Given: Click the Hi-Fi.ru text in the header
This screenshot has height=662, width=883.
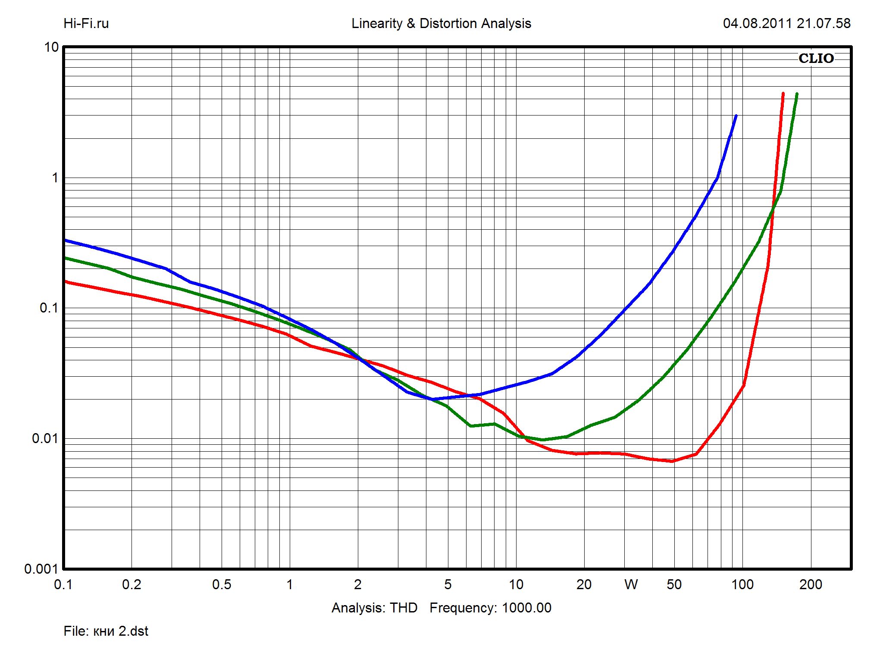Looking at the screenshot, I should tap(86, 23).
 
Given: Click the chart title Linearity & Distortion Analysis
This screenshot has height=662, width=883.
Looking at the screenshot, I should tap(441, 23).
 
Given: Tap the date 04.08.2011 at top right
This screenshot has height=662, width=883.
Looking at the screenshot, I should tap(757, 23).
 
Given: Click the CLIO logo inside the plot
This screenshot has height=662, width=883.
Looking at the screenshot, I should tap(816, 58).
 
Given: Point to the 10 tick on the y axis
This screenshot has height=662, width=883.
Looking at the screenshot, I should tap(51, 47).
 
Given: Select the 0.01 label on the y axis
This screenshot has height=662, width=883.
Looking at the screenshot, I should tap(45, 438).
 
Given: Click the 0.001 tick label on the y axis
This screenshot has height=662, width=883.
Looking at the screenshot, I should tap(41, 569).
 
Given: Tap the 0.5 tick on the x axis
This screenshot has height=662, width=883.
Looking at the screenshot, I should tap(222, 584).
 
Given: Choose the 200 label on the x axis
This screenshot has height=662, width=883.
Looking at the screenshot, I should tap(811, 584).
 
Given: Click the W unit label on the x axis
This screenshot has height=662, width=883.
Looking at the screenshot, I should tap(631, 584).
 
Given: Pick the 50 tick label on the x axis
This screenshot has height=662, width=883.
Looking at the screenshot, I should tap(674, 584).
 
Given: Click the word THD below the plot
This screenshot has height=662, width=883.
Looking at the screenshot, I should tap(404, 608).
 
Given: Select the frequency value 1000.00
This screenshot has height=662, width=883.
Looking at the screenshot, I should tap(526, 608).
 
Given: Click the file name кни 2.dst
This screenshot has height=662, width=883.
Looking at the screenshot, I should tap(121, 631).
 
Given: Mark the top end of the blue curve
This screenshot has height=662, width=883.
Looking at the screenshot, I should tap(736, 116).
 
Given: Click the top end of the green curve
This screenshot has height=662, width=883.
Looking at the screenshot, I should tap(797, 94).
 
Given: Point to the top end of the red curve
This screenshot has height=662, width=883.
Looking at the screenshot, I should tap(783, 93).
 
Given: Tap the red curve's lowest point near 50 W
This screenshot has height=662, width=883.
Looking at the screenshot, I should tap(672, 461).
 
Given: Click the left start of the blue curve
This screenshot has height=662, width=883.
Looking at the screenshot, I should tap(66, 240).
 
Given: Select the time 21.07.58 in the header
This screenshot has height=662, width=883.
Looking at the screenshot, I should tap(824, 23).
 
